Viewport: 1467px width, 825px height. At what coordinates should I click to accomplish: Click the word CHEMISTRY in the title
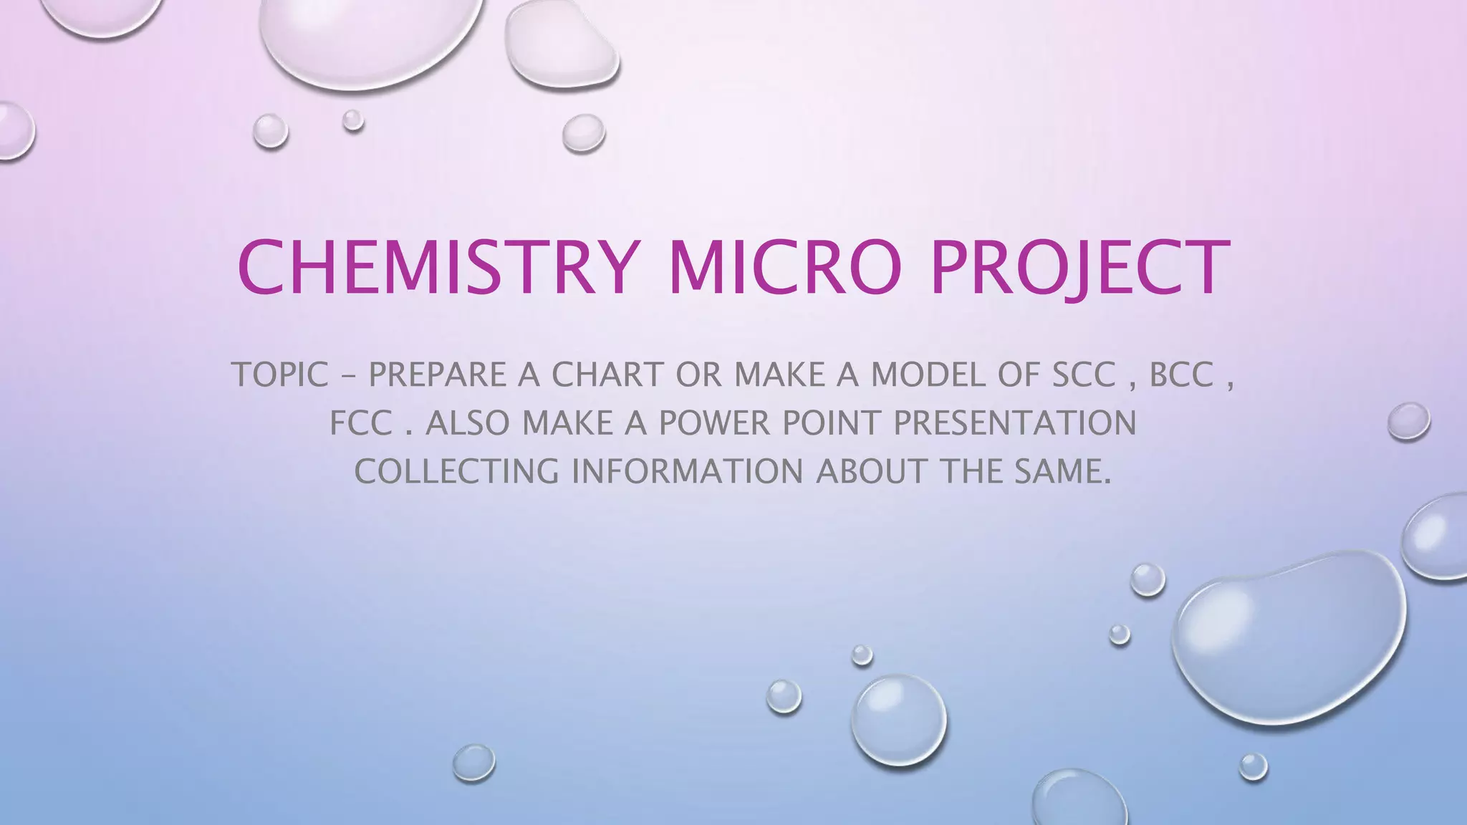(436, 267)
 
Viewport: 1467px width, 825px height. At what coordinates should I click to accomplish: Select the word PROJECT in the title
(1080, 267)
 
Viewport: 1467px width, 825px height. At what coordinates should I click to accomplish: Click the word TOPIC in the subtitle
(279, 375)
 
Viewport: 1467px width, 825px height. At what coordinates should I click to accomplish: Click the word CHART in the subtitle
(607, 375)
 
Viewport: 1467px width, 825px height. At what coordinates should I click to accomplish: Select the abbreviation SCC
(1083, 375)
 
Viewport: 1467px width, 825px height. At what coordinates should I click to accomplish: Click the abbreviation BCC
(1181, 375)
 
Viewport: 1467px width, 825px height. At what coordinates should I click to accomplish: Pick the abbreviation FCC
(361, 423)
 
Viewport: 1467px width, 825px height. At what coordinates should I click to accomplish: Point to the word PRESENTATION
(1014, 423)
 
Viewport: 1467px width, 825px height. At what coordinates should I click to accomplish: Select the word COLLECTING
(456, 471)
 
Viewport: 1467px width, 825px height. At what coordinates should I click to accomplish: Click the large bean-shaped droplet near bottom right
(1289, 630)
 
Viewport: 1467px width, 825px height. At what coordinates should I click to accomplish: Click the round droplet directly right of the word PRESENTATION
(1408, 421)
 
